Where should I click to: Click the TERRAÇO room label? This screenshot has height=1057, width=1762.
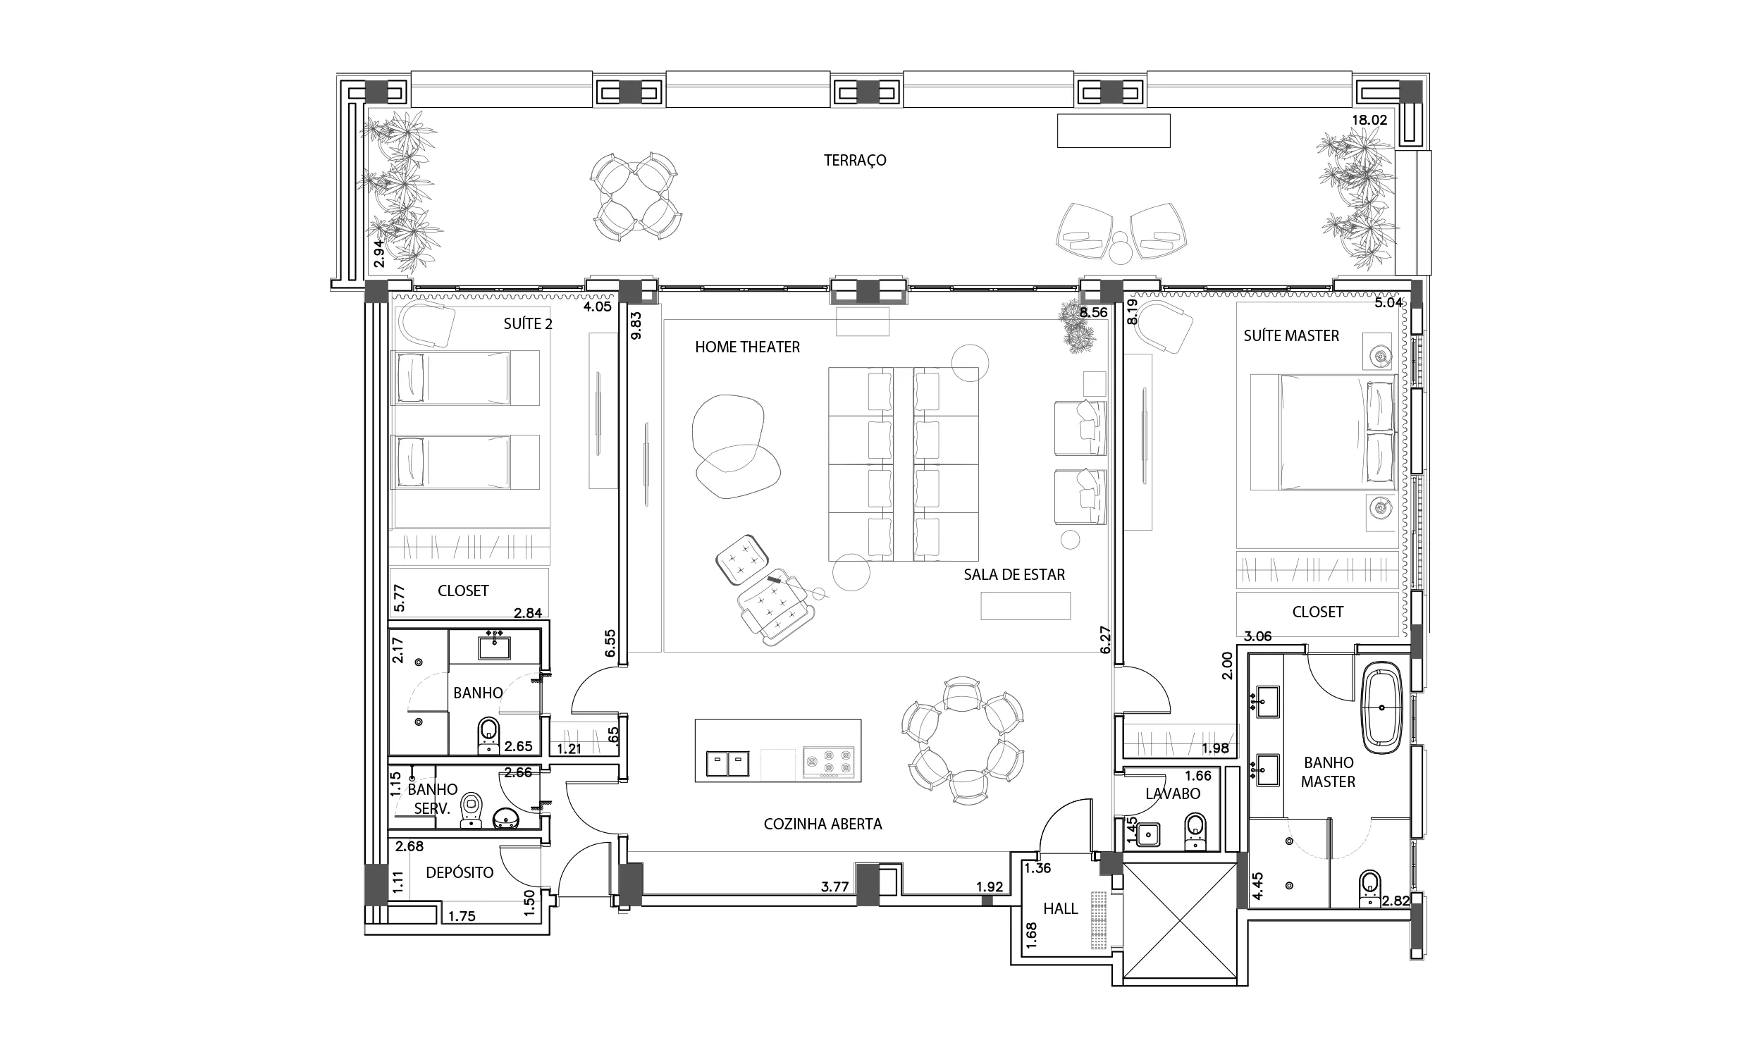[855, 160]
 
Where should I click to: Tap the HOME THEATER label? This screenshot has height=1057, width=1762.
[747, 347]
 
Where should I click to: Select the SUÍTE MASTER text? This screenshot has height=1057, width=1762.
[1291, 335]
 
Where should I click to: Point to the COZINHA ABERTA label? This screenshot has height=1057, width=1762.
[823, 824]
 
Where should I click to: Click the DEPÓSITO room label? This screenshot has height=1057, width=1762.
[460, 872]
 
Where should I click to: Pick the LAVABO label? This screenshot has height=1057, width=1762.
[1173, 793]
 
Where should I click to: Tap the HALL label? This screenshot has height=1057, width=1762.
[1061, 908]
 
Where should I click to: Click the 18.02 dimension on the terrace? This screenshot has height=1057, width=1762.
[1369, 120]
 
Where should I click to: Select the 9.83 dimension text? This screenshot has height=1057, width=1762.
[636, 325]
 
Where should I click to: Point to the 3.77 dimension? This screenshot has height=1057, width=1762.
[834, 886]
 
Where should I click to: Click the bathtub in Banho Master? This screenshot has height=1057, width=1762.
[1381, 707]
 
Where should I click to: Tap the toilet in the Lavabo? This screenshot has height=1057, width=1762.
[1195, 832]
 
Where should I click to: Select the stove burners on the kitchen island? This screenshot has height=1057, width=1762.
[828, 762]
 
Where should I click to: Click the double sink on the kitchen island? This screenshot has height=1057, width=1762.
[727, 764]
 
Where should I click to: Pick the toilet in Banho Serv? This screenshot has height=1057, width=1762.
[471, 811]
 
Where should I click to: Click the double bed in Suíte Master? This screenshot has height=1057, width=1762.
[1323, 433]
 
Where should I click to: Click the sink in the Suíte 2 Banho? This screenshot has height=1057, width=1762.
[493, 647]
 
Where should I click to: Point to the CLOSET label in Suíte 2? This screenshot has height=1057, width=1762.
[463, 591]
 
